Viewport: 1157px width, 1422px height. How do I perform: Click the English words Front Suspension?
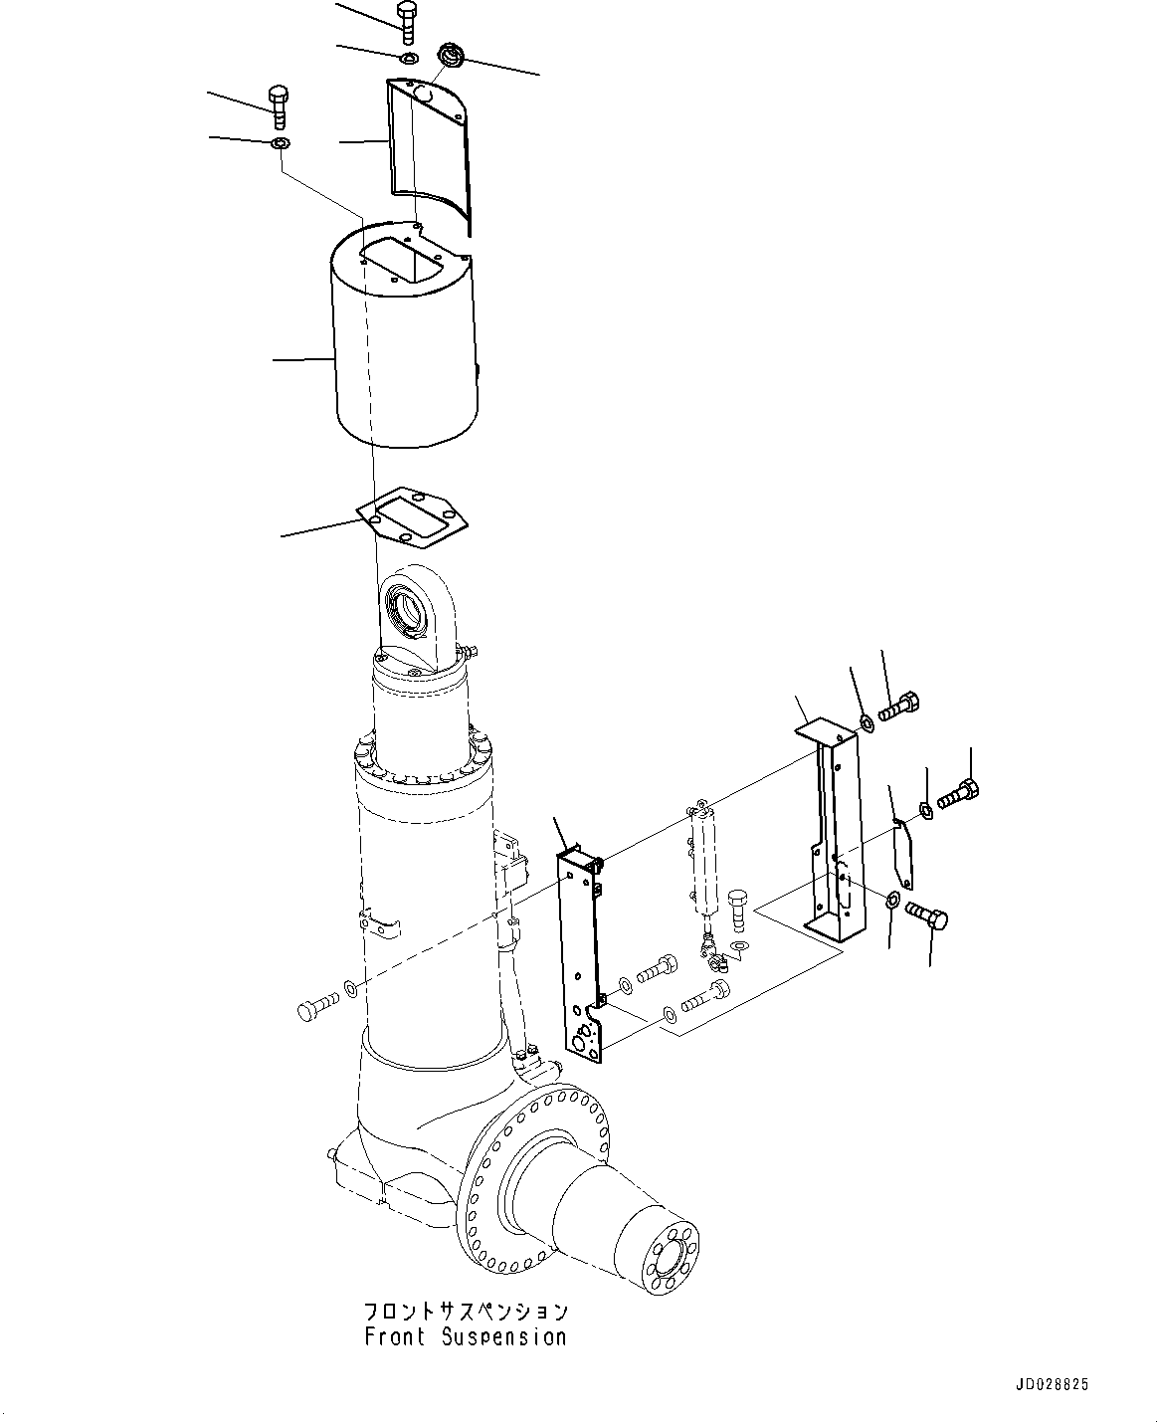coord(465,1336)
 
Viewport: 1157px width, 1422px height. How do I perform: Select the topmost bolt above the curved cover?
coord(406,21)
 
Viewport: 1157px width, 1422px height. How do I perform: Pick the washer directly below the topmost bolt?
coord(409,59)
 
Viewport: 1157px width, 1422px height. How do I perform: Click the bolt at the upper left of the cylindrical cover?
coord(278,106)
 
